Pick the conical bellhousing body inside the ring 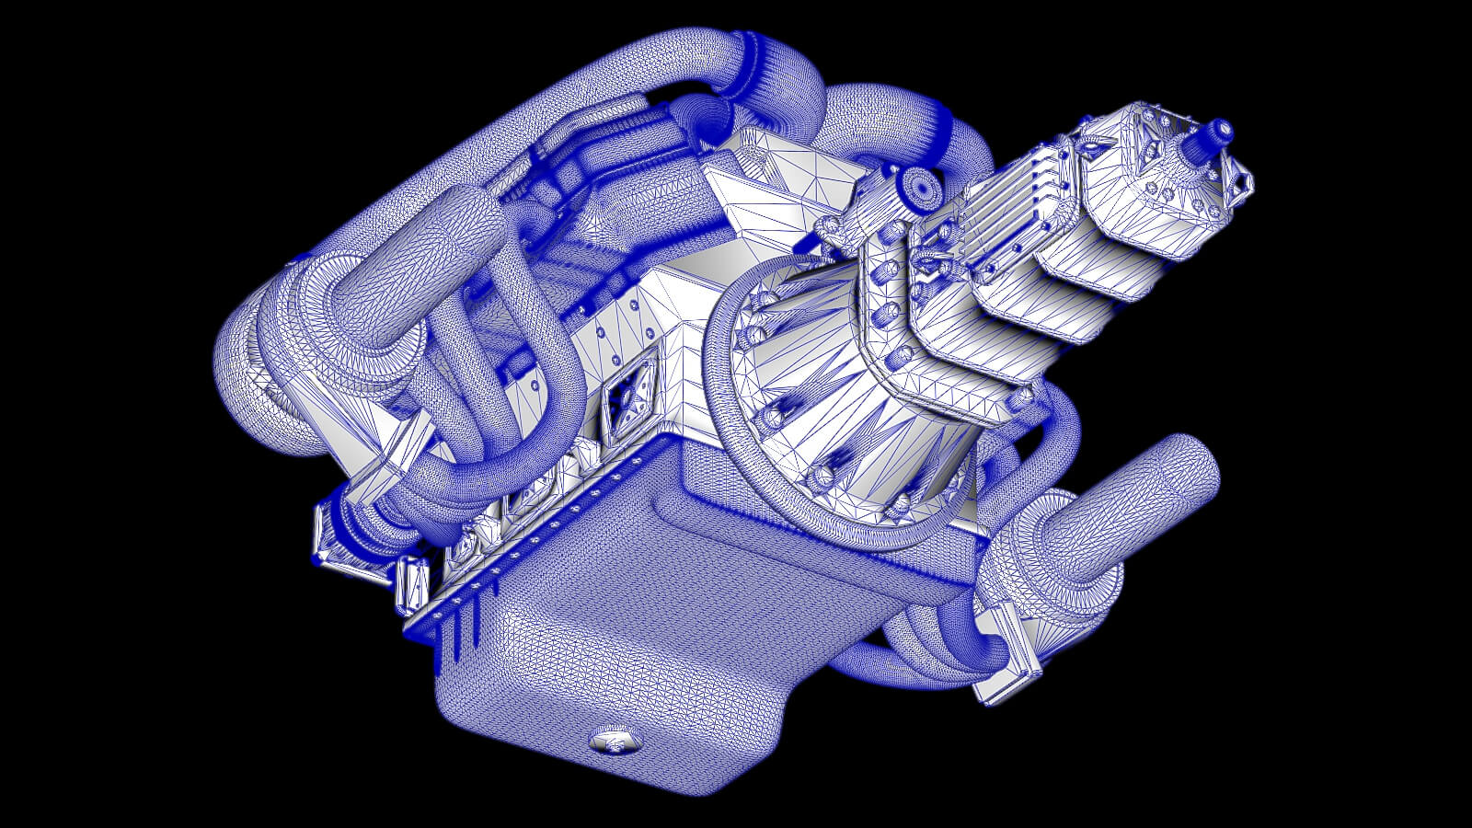(828, 386)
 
